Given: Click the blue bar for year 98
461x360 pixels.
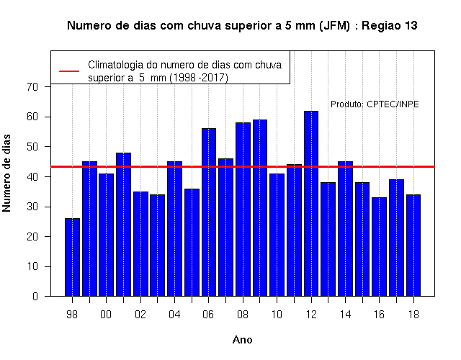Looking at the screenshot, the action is [72, 257].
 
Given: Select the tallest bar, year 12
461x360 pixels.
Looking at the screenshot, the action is [311, 203].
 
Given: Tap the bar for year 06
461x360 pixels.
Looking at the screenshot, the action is [209, 212].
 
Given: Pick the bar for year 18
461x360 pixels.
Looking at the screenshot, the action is [413, 245].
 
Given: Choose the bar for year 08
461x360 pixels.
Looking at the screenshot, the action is [243, 210].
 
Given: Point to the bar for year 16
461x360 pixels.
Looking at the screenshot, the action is [380, 247].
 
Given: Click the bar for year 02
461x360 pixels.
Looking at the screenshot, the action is [140, 244].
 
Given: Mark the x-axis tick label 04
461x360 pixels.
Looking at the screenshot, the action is [174, 315].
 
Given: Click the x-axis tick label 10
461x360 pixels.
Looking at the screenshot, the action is [277, 315].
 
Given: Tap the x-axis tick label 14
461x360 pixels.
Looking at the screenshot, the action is [345, 315].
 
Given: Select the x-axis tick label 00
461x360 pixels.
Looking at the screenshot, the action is [106, 315].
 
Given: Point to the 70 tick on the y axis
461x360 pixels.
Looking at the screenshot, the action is [32, 86].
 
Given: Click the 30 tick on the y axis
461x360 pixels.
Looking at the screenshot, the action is [32, 207].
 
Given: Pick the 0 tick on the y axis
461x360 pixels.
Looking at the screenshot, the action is [35, 296].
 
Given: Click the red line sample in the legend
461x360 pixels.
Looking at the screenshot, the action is [69, 71].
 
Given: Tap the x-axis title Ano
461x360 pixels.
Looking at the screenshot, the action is [242, 340].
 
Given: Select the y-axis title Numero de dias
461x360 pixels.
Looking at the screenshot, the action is [6, 173].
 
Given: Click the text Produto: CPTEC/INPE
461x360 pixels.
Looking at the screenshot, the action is [375, 104].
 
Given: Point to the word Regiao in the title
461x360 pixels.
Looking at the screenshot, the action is [380, 26].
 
